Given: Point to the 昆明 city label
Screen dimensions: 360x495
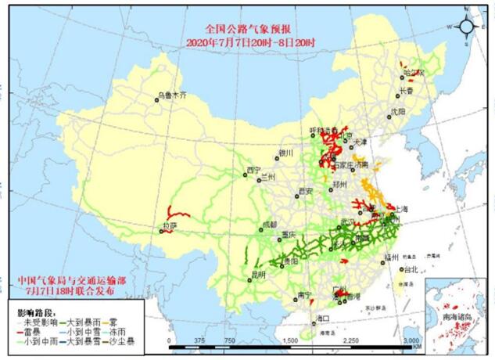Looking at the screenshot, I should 257,275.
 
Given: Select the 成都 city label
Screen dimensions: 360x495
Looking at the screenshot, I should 270,224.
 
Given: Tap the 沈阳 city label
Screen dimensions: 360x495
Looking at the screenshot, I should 399,112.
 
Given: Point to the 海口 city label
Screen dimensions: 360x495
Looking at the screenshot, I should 322,319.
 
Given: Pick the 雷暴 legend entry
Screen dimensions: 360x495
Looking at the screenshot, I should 30,332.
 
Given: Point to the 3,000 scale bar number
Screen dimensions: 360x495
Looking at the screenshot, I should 411,341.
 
